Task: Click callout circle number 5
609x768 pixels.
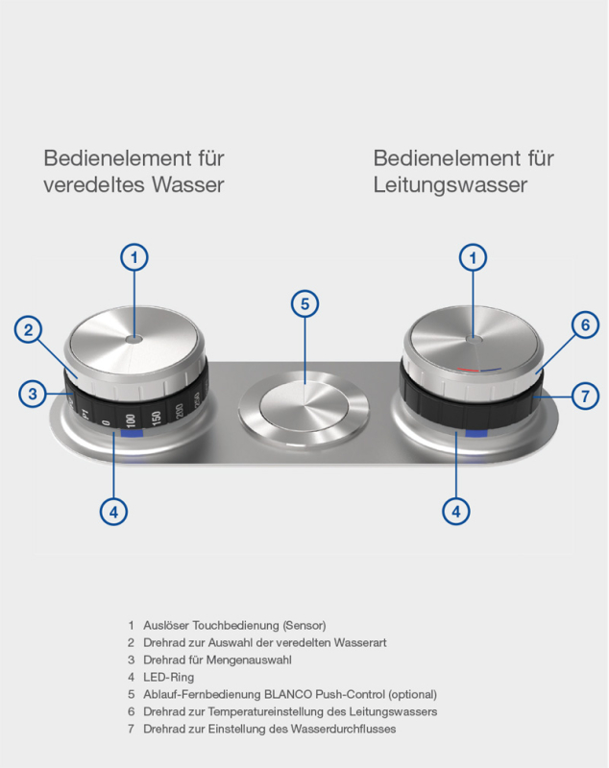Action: tap(304, 303)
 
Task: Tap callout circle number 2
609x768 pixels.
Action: tap(29, 329)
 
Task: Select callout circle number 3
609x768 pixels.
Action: tap(33, 394)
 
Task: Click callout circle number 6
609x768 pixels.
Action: tap(586, 324)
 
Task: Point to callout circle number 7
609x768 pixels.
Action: tap(586, 396)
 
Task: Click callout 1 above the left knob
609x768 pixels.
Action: tap(134, 257)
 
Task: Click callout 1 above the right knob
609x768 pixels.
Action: tap(473, 257)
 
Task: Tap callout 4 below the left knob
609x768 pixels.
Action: tap(113, 513)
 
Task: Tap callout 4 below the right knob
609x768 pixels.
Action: tap(456, 512)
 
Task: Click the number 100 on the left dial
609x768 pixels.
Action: tap(130, 420)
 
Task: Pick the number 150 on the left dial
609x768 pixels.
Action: tap(156, 417)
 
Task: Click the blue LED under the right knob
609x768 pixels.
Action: tap(476, 434)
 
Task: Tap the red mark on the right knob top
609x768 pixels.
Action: tap(468, 371)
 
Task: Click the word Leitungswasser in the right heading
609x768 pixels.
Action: tap(451, 185)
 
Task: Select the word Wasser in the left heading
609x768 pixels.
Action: tap(187, 184)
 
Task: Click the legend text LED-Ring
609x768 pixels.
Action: tap(168, 677)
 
